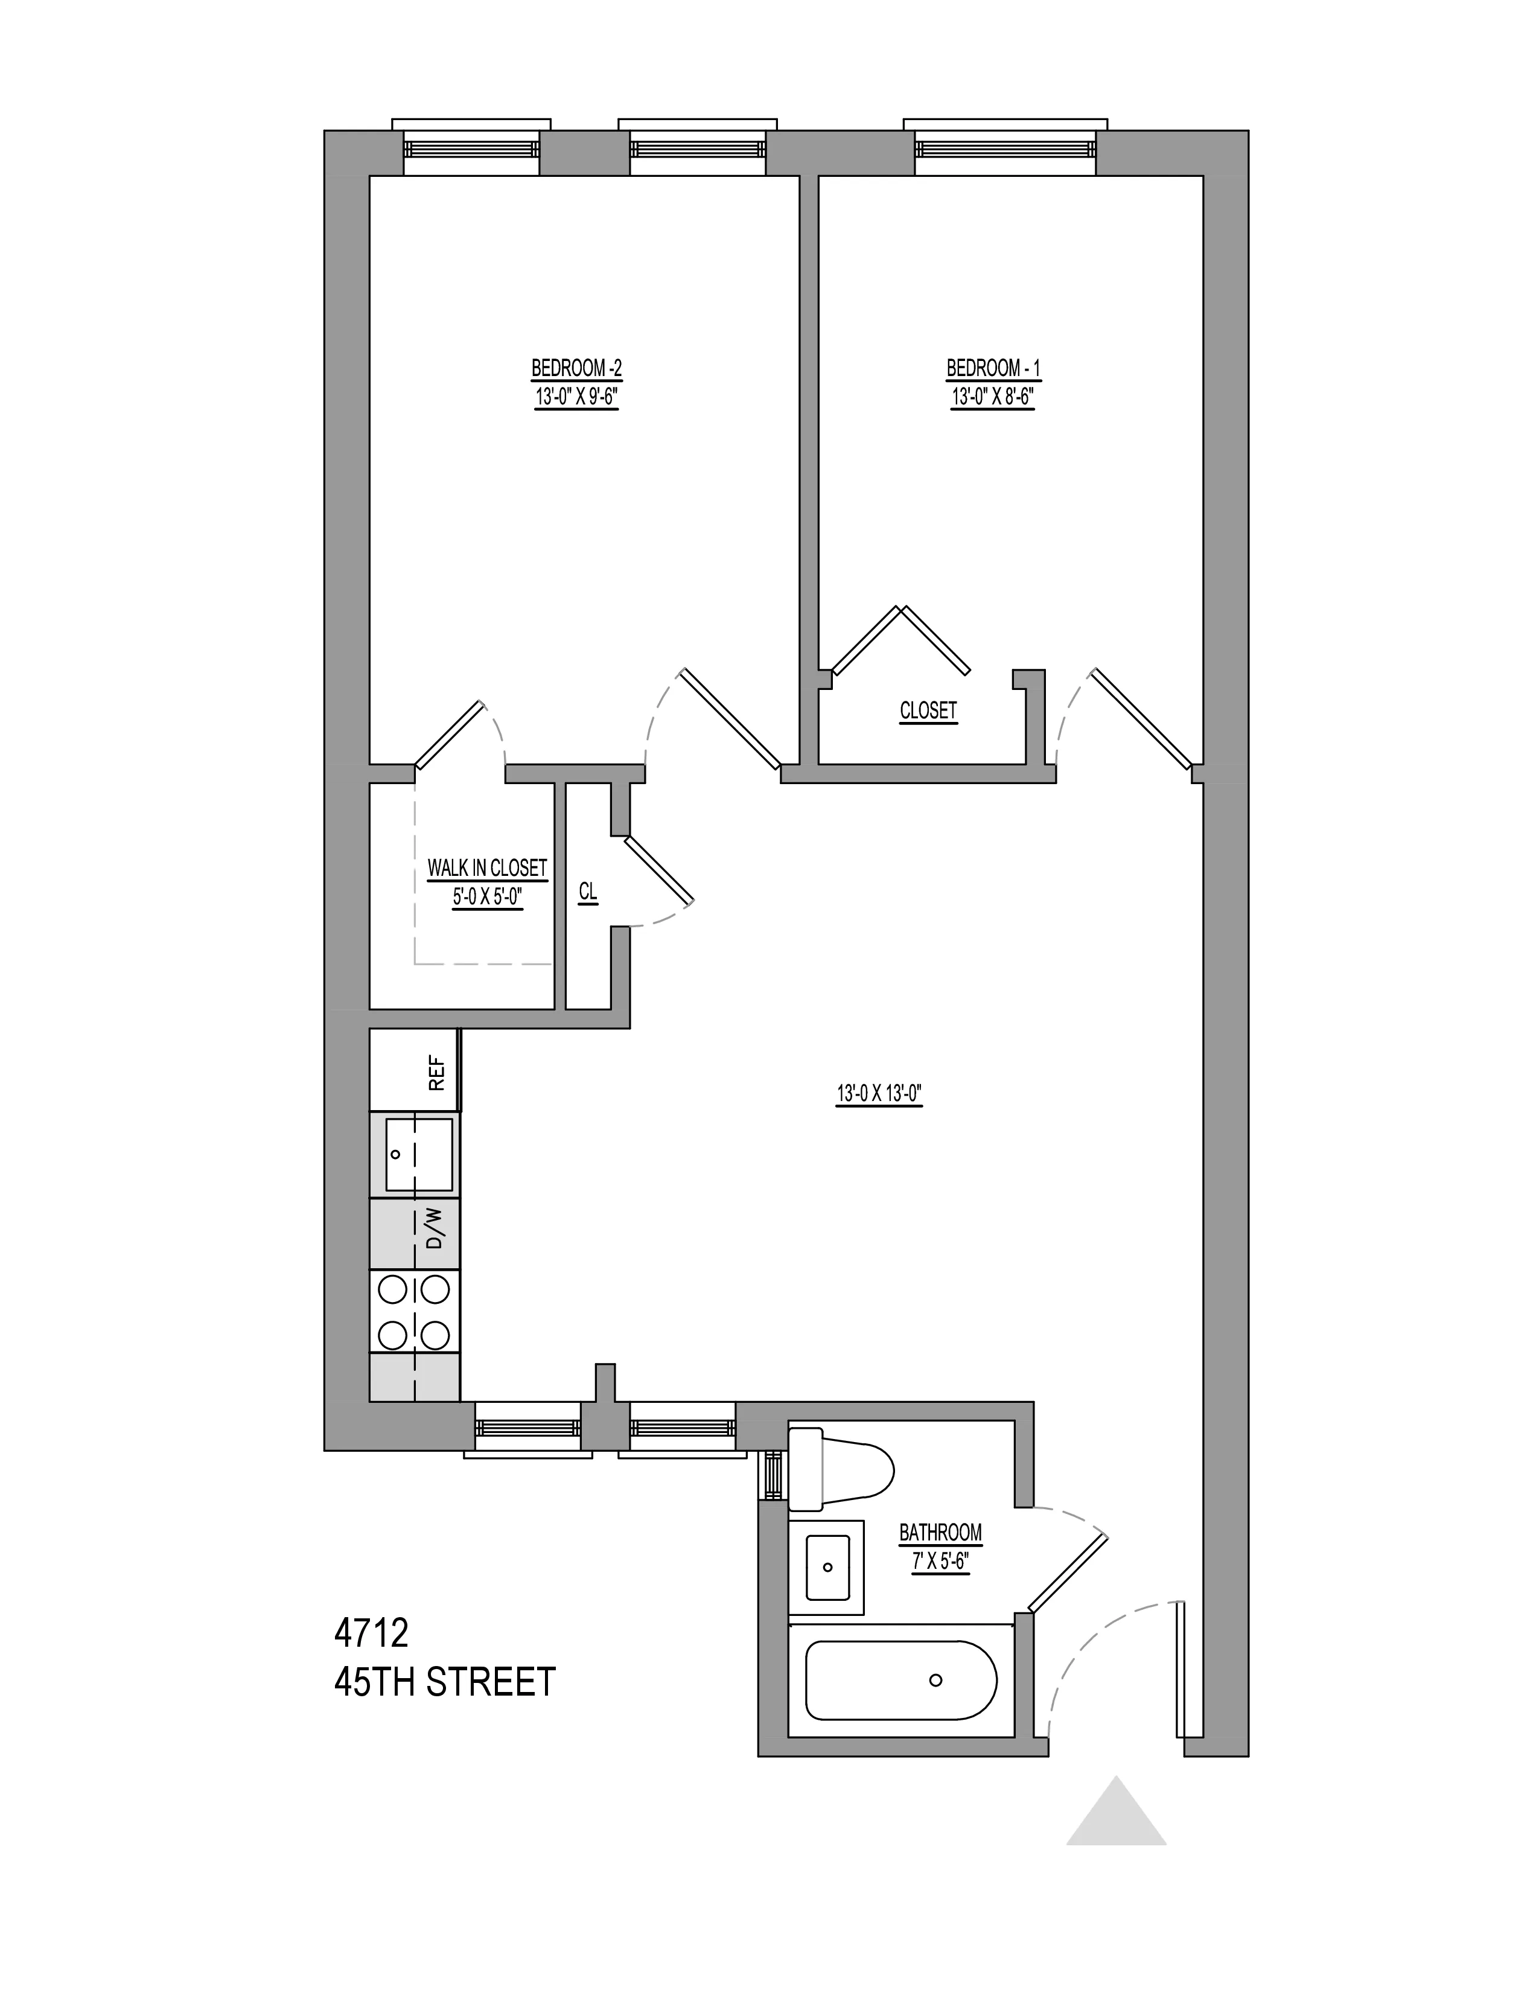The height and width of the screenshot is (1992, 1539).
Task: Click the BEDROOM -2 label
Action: click(x=576, y=368)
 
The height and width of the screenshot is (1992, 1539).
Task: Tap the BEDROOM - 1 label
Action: click(x=993, y=368)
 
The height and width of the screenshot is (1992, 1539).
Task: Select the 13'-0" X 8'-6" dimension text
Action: click(x=993, y=398)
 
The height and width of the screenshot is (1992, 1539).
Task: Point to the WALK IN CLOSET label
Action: click(x=487, y=867)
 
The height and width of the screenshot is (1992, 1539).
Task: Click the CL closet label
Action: click(x=588, y=891)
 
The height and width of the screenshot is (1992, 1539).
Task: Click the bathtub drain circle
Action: click(x=934, y=1680)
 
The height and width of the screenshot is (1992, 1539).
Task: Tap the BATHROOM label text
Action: click(x=940, y=1532)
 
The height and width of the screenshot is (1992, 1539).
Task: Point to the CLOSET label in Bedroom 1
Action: click(x=928, y=710)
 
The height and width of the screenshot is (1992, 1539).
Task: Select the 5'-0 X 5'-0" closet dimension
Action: click(x=487, y=896)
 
